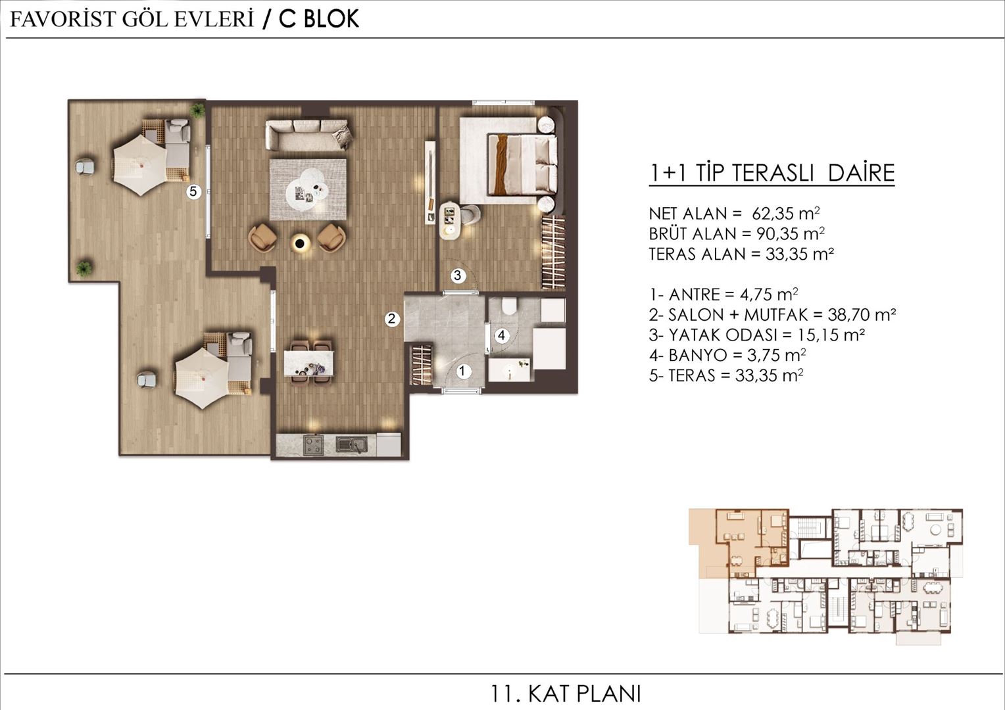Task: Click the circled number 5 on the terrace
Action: [x=193, y=192]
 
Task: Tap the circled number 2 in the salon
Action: [x=392, y=319]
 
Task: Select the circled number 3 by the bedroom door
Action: [x=458, y=276]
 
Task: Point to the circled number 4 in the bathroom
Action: [x=501, y=336]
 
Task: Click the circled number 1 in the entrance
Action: [x=462, y=371]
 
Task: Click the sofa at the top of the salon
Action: [x=308, y=134]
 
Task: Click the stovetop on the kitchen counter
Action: [x=313, y=445]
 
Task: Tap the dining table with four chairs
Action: [x=308, y=363]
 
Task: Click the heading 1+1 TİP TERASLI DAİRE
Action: [x=772, y=173]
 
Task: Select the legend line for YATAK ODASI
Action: [x=756, y=335]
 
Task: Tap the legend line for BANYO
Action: [x=727, y=356]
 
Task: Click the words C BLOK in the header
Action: [x=319, y=19]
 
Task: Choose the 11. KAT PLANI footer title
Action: [x=566, y=694]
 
